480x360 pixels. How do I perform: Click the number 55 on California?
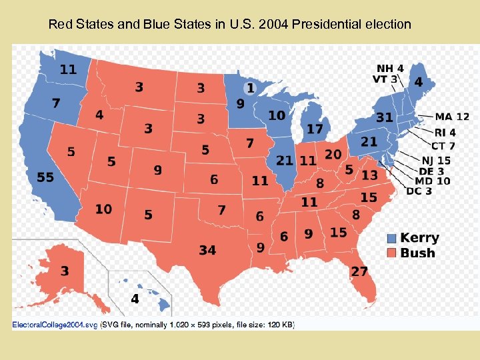pos(45,177)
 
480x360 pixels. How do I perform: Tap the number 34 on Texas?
pos(207,250)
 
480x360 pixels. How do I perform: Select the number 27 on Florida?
pos(359,271)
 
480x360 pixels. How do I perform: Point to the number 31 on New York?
pos(385,117)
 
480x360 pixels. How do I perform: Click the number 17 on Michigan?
pos(315,128)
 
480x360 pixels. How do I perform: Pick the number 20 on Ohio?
pos(333,154)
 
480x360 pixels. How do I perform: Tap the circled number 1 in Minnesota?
pos(250,88)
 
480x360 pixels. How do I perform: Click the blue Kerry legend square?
pos(392,238)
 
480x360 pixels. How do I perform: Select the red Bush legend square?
pos(392,253)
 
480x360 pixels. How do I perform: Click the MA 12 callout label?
pos(453,117)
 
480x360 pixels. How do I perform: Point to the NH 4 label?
pos(389,68)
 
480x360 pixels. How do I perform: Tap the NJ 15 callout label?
pos(436,160)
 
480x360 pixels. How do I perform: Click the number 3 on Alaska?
pos(64,271)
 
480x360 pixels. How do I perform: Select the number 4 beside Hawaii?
pos(135,299)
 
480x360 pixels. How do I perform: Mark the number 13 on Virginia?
pos(369,175)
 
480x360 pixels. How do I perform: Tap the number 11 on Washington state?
pos(67,69)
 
